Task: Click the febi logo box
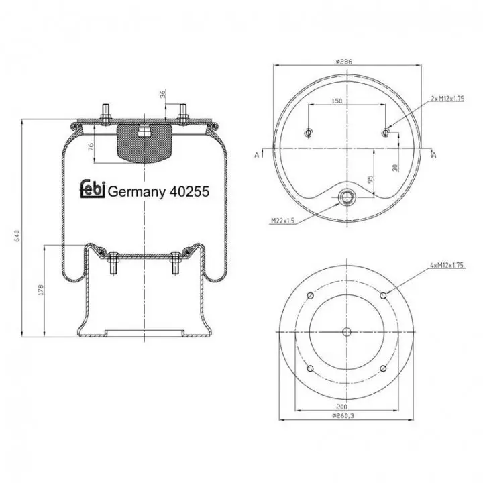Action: pos(93,189)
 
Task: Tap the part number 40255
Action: pos(189,192)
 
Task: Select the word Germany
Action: pos(137,193)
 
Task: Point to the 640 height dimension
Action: pos(17,235)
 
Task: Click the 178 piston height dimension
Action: pos(41,290)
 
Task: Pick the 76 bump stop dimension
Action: pos(91,147)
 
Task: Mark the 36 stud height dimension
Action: pos(163,94)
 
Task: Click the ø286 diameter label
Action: pos(343,62)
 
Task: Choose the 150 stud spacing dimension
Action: pos(337,101)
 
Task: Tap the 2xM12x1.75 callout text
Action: pos(447,99)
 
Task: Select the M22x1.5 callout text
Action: pos(283,221)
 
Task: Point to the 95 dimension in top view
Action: pos(370,179)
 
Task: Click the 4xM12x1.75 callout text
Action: pos(447,265)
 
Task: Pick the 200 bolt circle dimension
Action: pos(342,407)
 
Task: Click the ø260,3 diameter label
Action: pos(343,415)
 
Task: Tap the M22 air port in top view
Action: pos(347,197)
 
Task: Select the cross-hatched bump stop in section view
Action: pos(144,143)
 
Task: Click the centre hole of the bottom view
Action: pos(347,332)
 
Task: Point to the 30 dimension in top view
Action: pos(396,168)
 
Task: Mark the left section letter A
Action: pos(256,155)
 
